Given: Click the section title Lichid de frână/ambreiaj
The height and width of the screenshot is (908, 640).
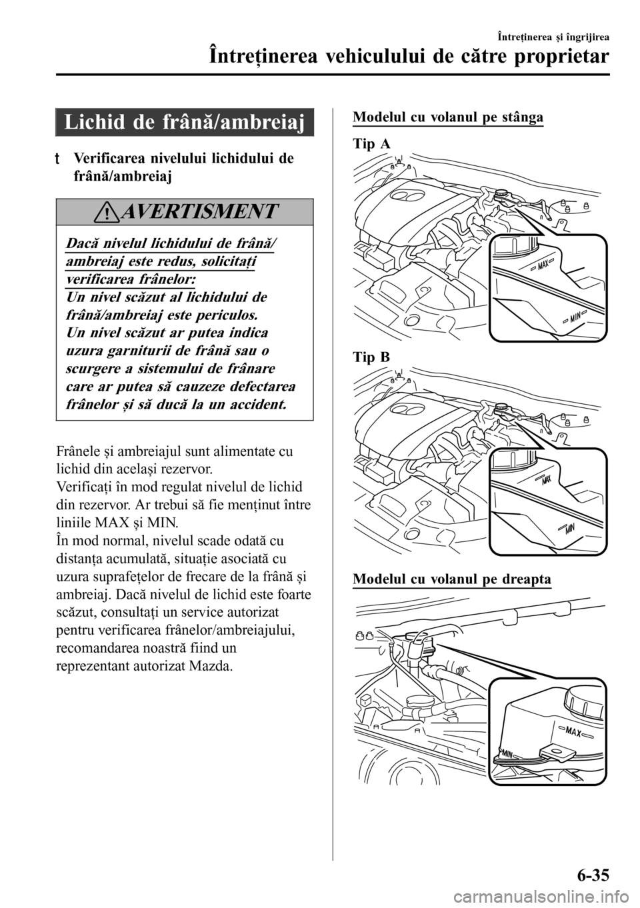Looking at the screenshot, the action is click(185, 122).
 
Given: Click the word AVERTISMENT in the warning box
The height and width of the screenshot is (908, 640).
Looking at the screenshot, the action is click(198, 211).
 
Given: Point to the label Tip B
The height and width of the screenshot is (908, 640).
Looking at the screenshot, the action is click(371, 357).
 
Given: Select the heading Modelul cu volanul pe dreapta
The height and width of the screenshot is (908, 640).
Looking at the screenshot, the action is click(452, 579).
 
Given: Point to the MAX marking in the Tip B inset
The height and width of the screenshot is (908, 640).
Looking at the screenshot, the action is click(545, 481).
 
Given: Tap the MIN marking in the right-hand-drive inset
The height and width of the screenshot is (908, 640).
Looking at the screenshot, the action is click(507, 753).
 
